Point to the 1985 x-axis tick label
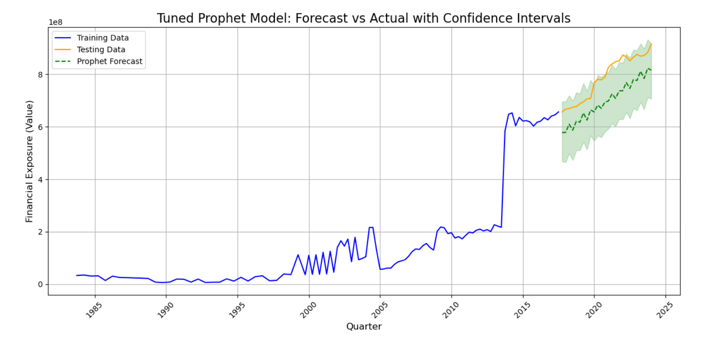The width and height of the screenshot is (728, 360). click(x=94, y=309)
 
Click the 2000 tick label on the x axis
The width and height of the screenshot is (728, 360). click(x=308, y=309)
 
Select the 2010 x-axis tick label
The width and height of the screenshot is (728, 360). click(x=450, y=309)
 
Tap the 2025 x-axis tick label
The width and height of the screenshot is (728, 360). click(x=665, y=309)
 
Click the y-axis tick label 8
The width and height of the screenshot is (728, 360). click(x=41, y=74)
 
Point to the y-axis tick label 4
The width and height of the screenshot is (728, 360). click(x=41, y=180)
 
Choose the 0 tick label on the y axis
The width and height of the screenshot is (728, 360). click(x=41, y=285)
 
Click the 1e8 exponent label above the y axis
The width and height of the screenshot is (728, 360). click(x=56, y=23)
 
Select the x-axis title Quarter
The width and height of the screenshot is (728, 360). click(x=364, y=327)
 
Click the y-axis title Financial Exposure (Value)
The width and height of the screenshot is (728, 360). click(x=30, y=161)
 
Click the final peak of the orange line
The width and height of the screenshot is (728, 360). click(x=651, y=44)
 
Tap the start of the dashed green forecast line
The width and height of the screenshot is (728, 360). click(x=562, y=133)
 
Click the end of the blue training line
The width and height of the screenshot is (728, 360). click(x=559, y=112)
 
